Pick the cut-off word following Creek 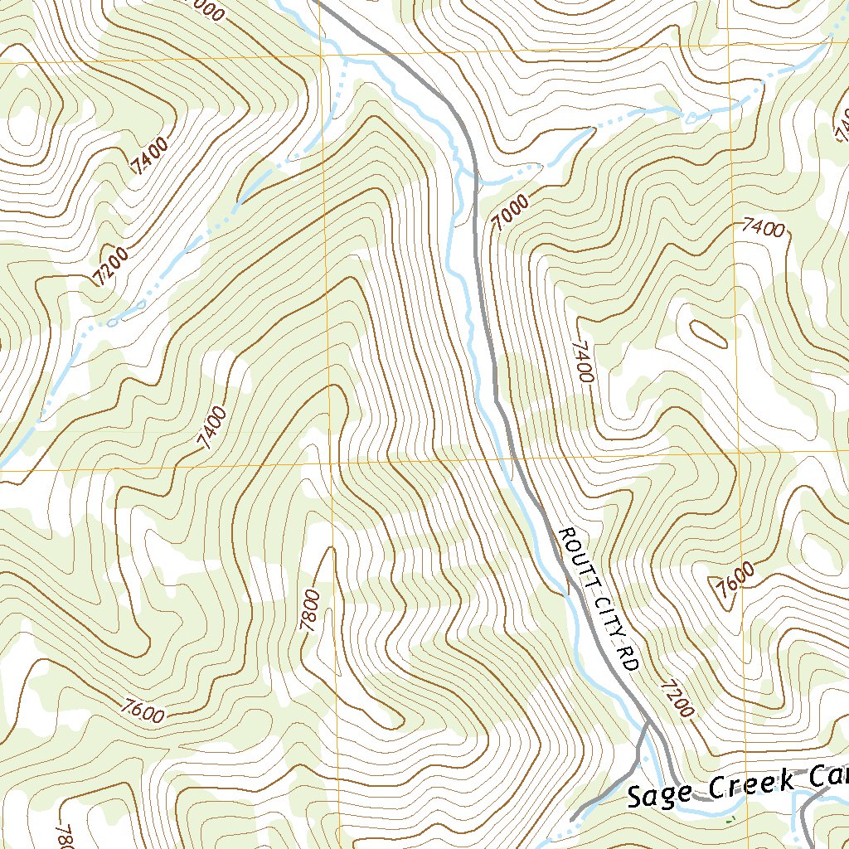826,777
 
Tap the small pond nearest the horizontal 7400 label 691,119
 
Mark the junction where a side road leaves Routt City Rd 647,723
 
